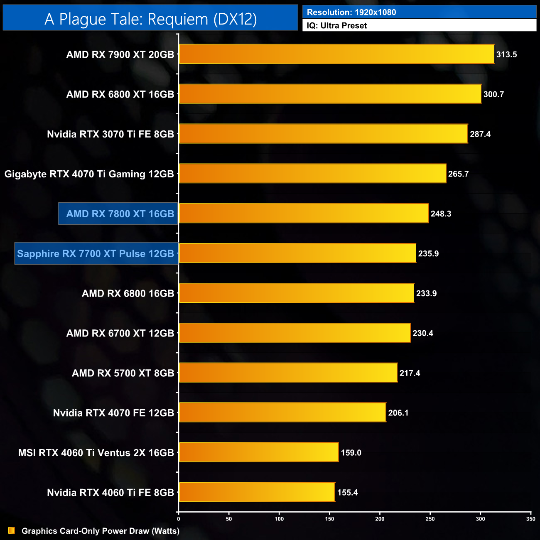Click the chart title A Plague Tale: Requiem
[150, 19]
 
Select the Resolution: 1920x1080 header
[351, 12]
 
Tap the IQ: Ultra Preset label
[336, 26]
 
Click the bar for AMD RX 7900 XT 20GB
[336, 54]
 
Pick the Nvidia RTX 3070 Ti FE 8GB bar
[323, 134]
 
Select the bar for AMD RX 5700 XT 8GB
[288, 373]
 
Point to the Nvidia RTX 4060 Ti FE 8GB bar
[257, 492]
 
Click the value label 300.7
[493, 94]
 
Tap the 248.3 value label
[441, 214]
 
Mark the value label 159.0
[351, 453]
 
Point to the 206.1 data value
[398, 413]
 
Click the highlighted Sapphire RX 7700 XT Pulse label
[96, 253]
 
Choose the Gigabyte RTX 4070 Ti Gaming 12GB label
[89, 174]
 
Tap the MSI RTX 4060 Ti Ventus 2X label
[96, 453]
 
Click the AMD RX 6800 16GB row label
[128, 293]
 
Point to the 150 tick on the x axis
[329, 519]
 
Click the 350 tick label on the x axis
[530, 519]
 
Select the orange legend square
[12, 530]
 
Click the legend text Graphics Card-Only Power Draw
[101, 531]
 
